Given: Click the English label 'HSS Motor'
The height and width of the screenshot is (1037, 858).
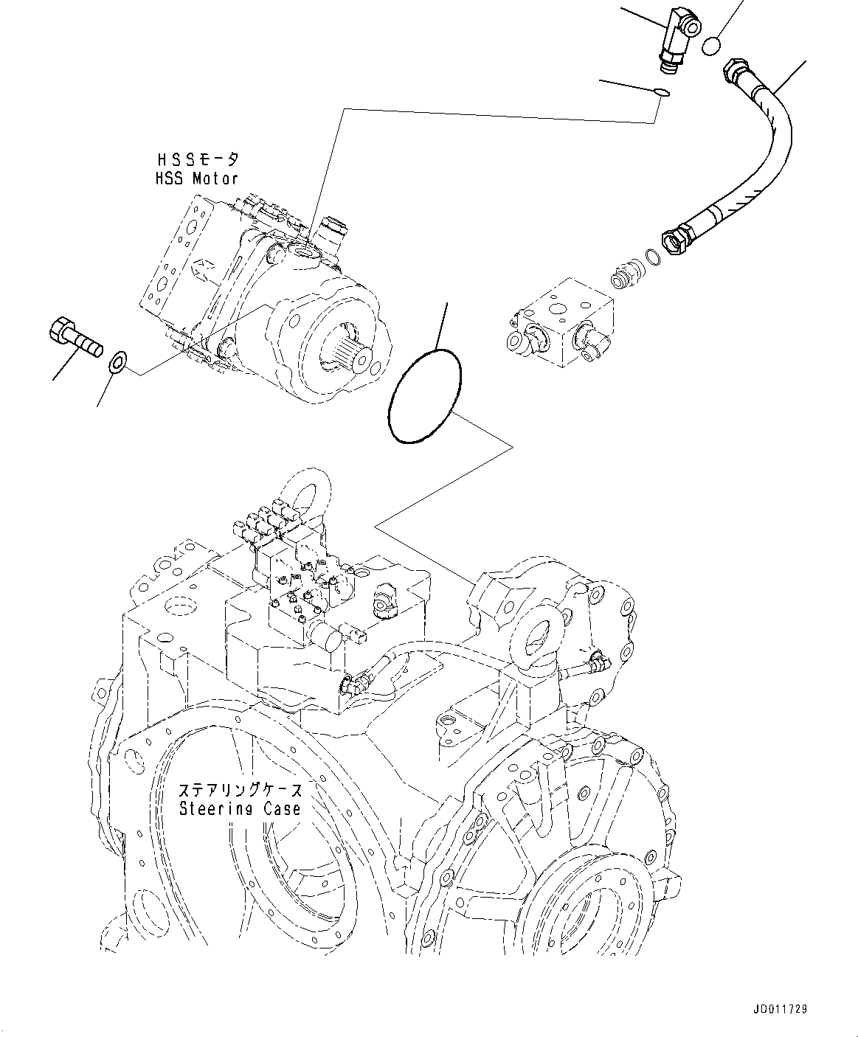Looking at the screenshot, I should click(197, 178).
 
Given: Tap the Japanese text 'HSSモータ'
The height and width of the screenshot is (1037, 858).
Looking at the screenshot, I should click(197, 159).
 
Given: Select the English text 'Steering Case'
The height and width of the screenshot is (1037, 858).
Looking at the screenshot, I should click(240, 808).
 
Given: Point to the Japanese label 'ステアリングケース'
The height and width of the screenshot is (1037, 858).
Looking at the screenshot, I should click(240, 790).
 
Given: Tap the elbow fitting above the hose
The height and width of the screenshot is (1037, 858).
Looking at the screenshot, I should click(674, 39).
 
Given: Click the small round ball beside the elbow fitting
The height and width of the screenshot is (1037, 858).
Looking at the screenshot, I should click(711, 46).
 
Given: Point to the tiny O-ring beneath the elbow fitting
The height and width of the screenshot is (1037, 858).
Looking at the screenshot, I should click(662, 92).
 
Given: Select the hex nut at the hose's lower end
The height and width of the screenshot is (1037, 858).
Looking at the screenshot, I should click(674, 242).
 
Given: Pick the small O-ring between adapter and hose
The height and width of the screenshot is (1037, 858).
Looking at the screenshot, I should click(650, 257).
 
